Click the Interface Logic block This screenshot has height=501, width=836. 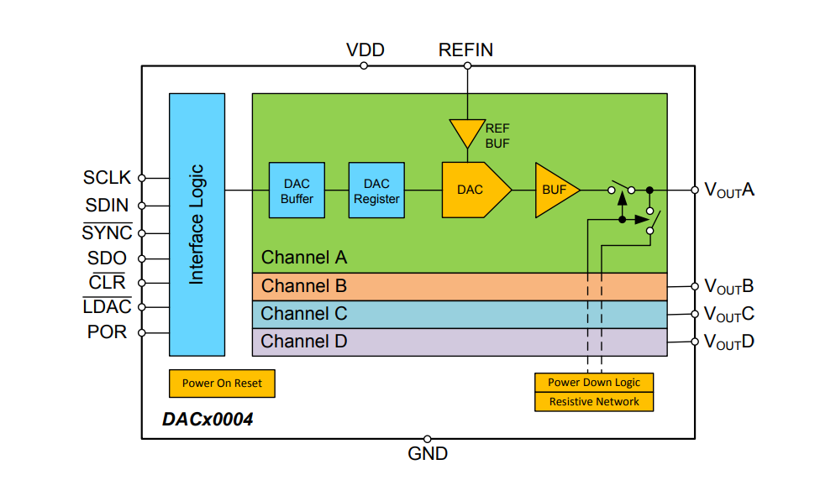pyautogui.click(x=197, y=224)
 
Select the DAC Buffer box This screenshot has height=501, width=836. pyautogui.click(x=297, y=190)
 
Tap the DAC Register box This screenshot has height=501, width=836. pyautogui.click(x=376, y=190)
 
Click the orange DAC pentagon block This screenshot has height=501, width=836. pyautogui.click(x=473, y=190)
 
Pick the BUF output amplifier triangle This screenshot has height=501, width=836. pyautogui.click(x=553, y=190)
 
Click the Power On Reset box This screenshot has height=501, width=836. pyautogui.click(x=222, y=384)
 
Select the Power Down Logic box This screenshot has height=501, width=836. pyautogui.click(x=594, y=383)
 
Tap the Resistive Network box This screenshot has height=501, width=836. pyautogui.click(x=594, y=402)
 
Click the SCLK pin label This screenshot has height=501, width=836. pyautogui.click(x=108, y=178)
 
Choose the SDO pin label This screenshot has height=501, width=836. pyautogui.click(x=107, y=258)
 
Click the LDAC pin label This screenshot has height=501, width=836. pyautogui.click(x=107, y=307)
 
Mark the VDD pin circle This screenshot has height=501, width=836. pyautogui.click(x=364, y=65)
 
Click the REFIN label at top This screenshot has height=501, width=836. pyautogui.click(x=465, y=50)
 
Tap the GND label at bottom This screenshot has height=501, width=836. pyautogui.click(x=428, y=454)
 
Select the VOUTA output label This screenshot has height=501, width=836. pyautogui.click(x=728, y=190)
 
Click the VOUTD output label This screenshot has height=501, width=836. pyautogui.click(x=728, y=342)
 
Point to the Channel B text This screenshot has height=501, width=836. pyautogui.click(x=303, y=286)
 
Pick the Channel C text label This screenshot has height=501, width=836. pyautogui.click(x=303, y=314)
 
